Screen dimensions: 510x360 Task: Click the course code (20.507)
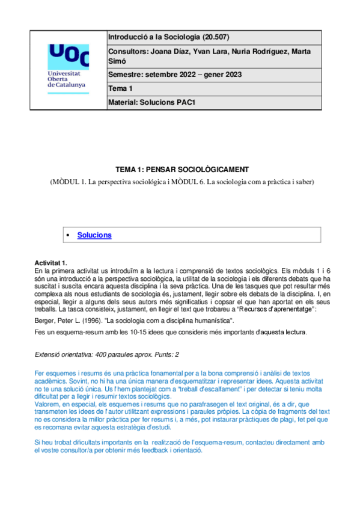[x=210, y=37]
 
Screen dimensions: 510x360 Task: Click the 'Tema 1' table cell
[x=120, y=88]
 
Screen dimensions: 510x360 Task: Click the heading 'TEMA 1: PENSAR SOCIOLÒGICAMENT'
[x=182, y=169]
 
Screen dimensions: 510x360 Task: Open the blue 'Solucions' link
[x=94, y=235]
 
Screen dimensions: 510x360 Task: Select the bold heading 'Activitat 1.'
[x=52, y=263]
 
